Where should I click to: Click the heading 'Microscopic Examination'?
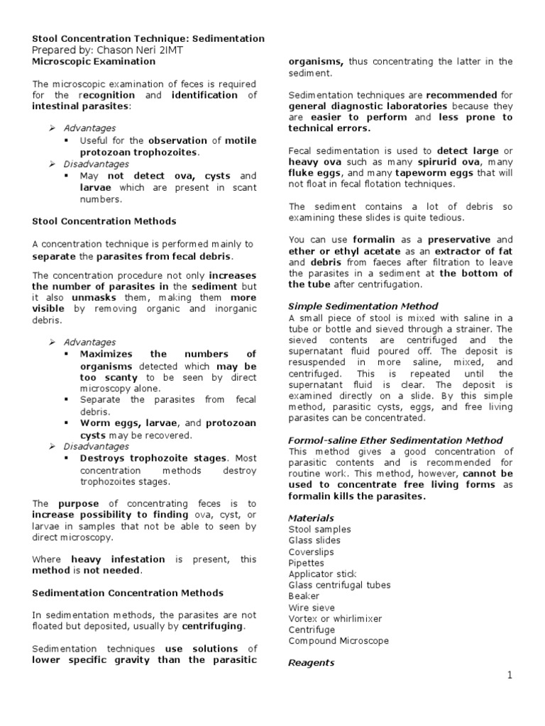pyautogui.click(x=94, y=62)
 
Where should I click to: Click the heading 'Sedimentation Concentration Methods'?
pyautogui.click(x=128, y=593)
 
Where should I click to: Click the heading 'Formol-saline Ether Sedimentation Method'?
pyautogui.click(x=395, y=440)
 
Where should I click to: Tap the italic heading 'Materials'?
pyautogui.click(x=311, y=518)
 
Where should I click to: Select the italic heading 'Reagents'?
pyautogui.click(x=311, y=663)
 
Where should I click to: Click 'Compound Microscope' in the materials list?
pyautogui.click(x=338, y=641)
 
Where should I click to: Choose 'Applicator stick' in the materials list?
pyautogui.click(x=322, y=574)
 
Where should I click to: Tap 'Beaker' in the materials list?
pyautogui.click(x=304, y=596)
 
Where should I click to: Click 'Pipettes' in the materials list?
pyautogui.click(x=307, y=563)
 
